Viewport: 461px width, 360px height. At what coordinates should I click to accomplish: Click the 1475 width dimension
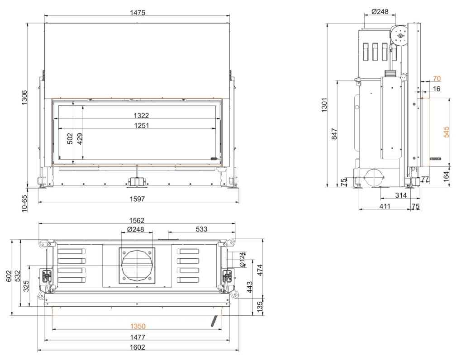coord(138,13)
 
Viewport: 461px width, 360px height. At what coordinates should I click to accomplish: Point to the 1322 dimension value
coord(138,115)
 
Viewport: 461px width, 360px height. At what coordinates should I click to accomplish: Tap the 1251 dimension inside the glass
coord(138,125)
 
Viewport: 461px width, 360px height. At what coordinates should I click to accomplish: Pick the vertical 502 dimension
coord(70,138)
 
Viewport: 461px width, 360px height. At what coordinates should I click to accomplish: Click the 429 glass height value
coord(80,138)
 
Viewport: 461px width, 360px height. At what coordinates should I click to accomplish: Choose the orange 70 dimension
coord(437,79)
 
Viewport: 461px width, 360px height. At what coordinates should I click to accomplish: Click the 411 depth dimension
coord(385,207)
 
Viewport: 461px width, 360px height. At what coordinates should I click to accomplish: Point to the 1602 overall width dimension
coord(138,347)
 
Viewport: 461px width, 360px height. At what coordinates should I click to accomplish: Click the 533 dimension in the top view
coord(202,229)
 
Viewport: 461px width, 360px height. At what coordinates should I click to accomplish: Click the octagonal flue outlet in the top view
coord(137,265)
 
